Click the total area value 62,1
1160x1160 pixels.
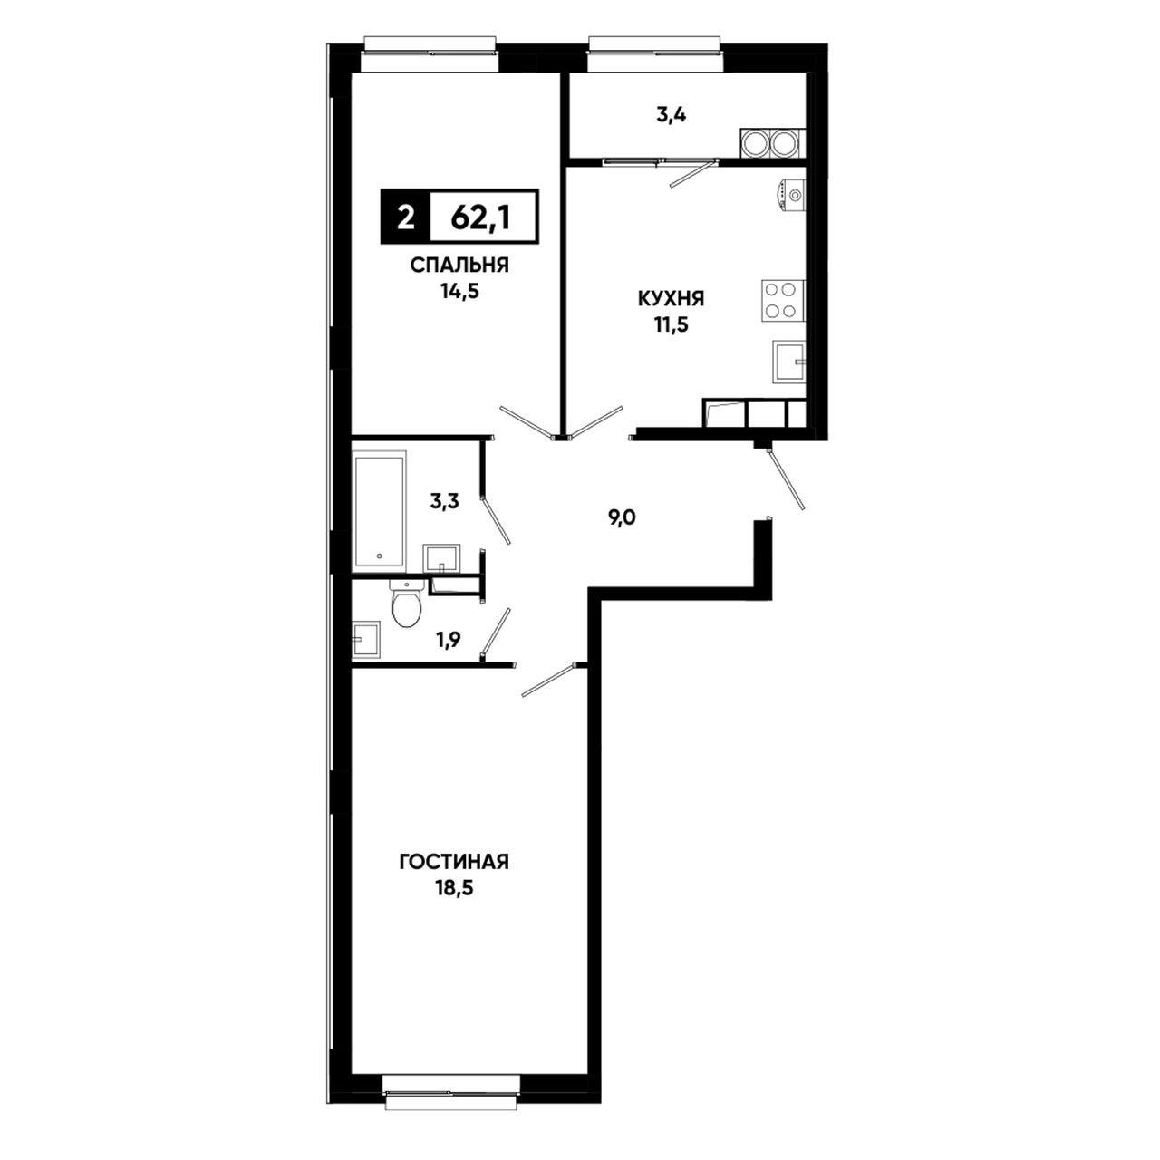(x=480, y=218)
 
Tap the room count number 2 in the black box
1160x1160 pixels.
(x=406, y=217)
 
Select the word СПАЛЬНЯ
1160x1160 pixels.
(x=459, y=265)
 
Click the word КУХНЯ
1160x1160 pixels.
(x=672, y=298)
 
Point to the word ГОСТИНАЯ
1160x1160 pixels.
(x=455, y=862)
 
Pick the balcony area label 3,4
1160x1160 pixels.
(x=672, y=115)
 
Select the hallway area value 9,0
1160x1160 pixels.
(x=622, y=517)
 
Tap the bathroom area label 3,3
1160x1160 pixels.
(x=444, y=501)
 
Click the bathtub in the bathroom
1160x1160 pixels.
(x=379, y=510)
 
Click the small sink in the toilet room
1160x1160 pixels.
(x=366, y=640)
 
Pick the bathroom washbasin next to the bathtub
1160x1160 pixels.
(x=441, y=558)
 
